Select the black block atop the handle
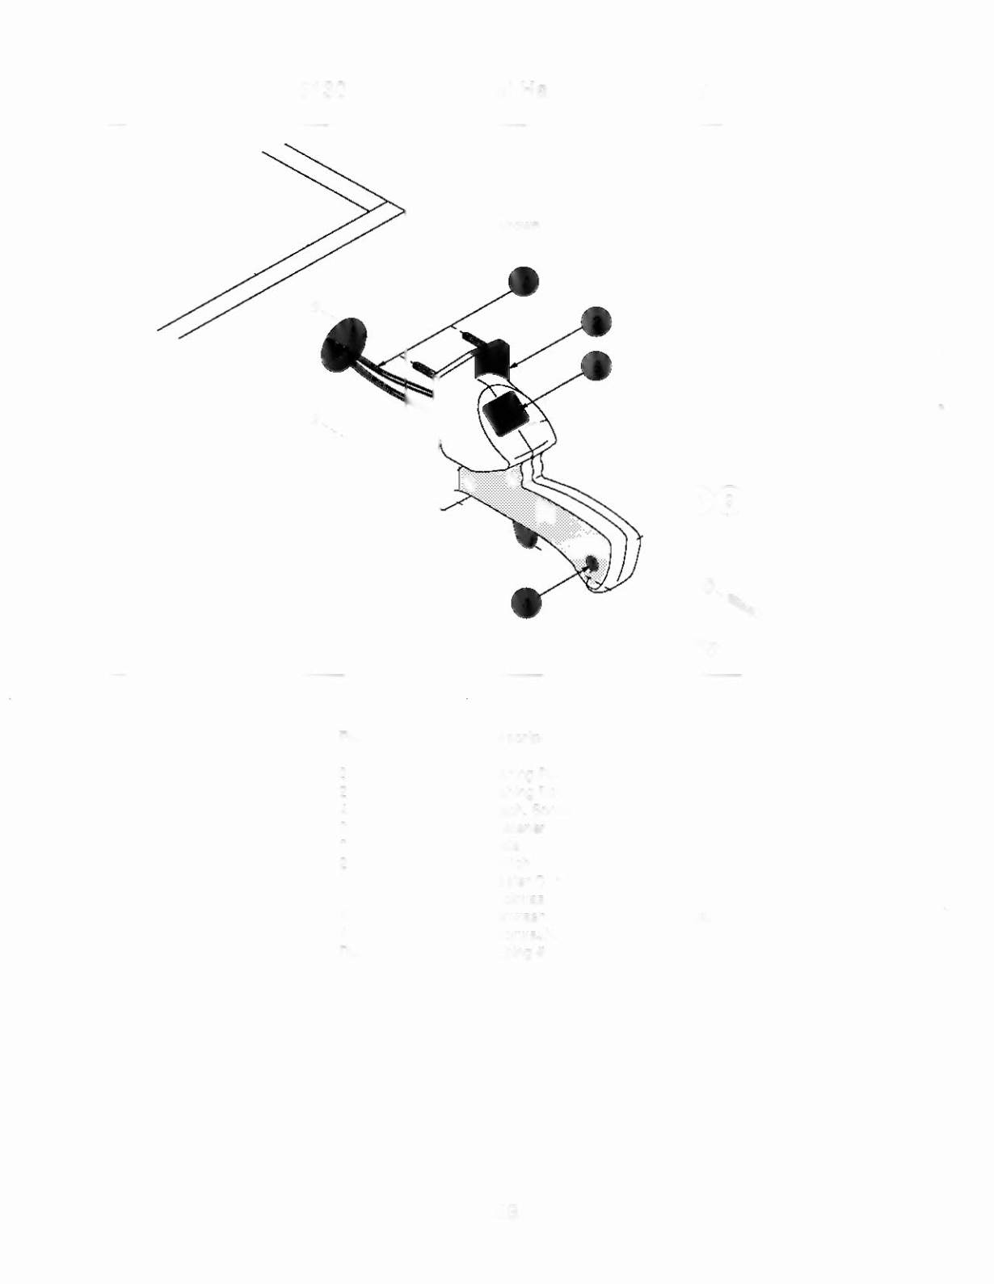coord(494,356)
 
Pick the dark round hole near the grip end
coord(592,563)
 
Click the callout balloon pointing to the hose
coord(524,280)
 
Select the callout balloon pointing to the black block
coord(596,322)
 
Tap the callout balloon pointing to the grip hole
coord(526,603)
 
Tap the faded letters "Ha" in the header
coord(531,90)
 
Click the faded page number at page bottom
coord(508,1211)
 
